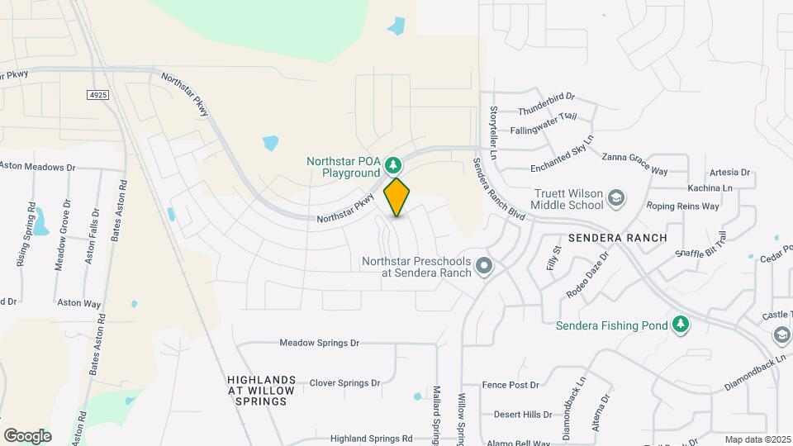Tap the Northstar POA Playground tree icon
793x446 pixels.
[396, 164]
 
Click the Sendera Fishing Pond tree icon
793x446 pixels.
[681, 325]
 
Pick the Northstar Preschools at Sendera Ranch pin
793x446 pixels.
[485, 266]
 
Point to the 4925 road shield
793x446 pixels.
[98, 96]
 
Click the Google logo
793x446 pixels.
[27, 436]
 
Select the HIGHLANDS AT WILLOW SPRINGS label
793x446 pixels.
[257, 390]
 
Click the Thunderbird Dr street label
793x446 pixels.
[546, 110]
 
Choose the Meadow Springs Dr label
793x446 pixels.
[320, 342]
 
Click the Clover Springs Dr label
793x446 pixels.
[344, 383]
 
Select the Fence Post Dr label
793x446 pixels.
[510, 385]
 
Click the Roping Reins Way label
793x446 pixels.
[682, 206]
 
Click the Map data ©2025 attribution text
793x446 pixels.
[756, 439]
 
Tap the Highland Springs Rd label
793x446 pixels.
[371, 439]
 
